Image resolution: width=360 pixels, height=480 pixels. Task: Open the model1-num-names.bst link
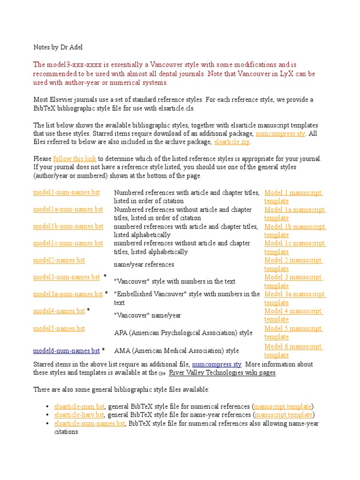67,193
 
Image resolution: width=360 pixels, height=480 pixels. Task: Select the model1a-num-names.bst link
68,210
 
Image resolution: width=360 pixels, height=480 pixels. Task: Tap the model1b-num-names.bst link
68,226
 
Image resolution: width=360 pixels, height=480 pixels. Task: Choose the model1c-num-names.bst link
68,243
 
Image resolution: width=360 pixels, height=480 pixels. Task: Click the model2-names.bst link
59,260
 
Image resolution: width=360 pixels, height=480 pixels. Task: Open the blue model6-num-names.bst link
67,351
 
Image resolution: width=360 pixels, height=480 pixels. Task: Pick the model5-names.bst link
59,329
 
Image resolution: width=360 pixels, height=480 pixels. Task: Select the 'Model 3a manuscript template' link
295,299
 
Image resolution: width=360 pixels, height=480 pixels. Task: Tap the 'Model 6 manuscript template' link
293,351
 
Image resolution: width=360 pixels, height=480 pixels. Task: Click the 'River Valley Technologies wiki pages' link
222,373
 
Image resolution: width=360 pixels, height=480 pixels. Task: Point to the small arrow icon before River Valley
162,374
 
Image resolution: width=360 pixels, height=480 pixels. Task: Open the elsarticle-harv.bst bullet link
79,415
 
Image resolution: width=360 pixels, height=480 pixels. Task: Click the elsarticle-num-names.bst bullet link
90,424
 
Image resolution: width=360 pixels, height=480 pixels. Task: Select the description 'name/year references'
144,265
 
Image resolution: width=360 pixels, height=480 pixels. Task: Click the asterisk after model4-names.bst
89,311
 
